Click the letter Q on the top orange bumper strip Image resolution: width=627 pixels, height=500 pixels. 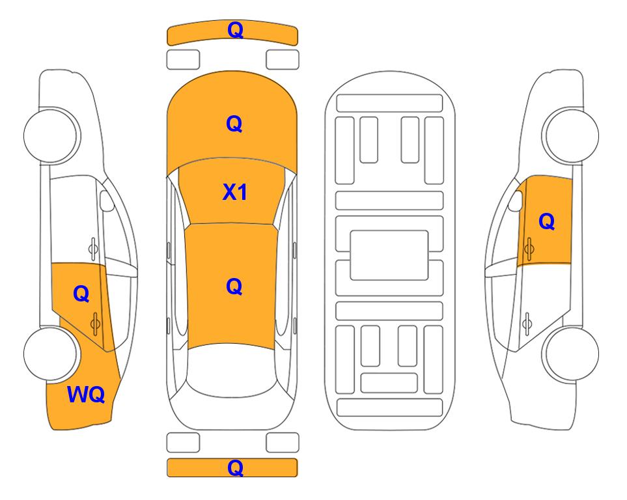point(235,30)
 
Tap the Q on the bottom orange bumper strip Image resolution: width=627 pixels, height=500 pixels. point(235,467)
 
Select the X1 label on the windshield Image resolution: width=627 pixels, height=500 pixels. point(235,192)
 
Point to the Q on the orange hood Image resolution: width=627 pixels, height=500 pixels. point(234,124)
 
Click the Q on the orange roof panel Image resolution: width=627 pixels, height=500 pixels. point(234,286)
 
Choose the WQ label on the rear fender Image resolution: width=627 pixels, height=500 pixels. point(86,395)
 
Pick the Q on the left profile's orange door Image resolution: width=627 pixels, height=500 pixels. point(81,294)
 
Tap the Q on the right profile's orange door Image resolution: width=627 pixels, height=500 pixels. point(547,221)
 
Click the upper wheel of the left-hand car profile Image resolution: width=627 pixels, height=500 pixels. point(51,135)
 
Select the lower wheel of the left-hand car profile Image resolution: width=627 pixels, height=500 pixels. point(51,354)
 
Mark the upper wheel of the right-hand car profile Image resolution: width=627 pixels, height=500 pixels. point(572,135)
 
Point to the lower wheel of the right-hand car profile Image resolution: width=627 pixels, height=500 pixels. point(572,354)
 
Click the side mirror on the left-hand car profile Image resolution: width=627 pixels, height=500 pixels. point(106,201)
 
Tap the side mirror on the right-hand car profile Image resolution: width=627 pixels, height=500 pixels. point(516,201)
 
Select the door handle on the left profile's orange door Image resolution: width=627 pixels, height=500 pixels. point(95,324)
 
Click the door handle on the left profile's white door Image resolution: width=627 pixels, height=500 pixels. point(93,249)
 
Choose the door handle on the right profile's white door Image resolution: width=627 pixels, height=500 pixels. point(527,324)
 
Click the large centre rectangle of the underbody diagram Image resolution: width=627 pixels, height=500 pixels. point(389,255)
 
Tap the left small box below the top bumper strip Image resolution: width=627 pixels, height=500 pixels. point(183,60)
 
